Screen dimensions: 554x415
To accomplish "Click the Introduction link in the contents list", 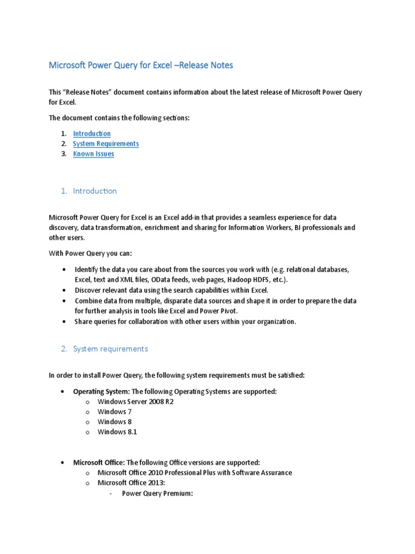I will click(92, 134).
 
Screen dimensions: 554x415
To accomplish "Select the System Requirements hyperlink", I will click(106, 144).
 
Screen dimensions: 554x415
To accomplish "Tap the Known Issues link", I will click(93, 154).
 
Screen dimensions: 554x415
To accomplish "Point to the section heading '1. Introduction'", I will click(89, 191).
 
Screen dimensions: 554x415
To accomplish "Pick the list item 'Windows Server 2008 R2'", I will click(136, 401).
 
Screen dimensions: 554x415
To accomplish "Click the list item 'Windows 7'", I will click(115, 412).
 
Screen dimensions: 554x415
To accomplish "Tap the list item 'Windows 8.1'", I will click(117, 432).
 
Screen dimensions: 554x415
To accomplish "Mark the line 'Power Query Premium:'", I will click(157, 493).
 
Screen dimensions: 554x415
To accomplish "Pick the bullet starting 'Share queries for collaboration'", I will click(185, 321).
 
